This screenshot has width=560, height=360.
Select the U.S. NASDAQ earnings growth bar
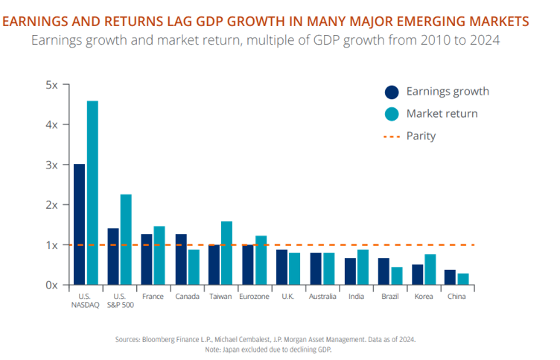coord(79,224)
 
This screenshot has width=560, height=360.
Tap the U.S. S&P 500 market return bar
coord(126,239)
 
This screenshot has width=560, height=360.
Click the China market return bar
coord(463,278)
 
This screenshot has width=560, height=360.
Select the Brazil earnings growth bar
coord(383,271)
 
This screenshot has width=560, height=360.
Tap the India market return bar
coord(363,266)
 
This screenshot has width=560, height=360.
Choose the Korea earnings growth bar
coord(417,274)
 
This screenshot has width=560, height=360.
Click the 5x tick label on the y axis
coord(51,85)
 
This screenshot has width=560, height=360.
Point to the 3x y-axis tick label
coord(51,165)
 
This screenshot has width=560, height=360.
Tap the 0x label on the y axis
coord(51,285)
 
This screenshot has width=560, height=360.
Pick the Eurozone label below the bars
coord(253,296)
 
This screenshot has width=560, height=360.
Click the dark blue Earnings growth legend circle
coord(392,92)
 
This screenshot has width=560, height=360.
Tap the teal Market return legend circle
coord(392,114)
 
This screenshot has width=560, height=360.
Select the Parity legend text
coord(421,136)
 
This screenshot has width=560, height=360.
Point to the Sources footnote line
coord(266,338)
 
